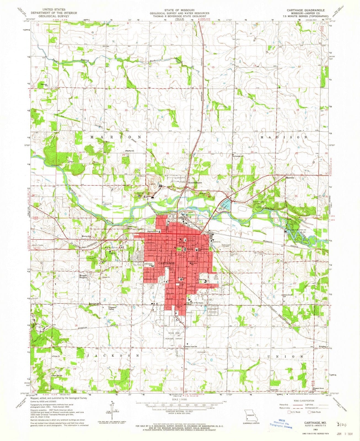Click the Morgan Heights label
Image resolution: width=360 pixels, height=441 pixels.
84,276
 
